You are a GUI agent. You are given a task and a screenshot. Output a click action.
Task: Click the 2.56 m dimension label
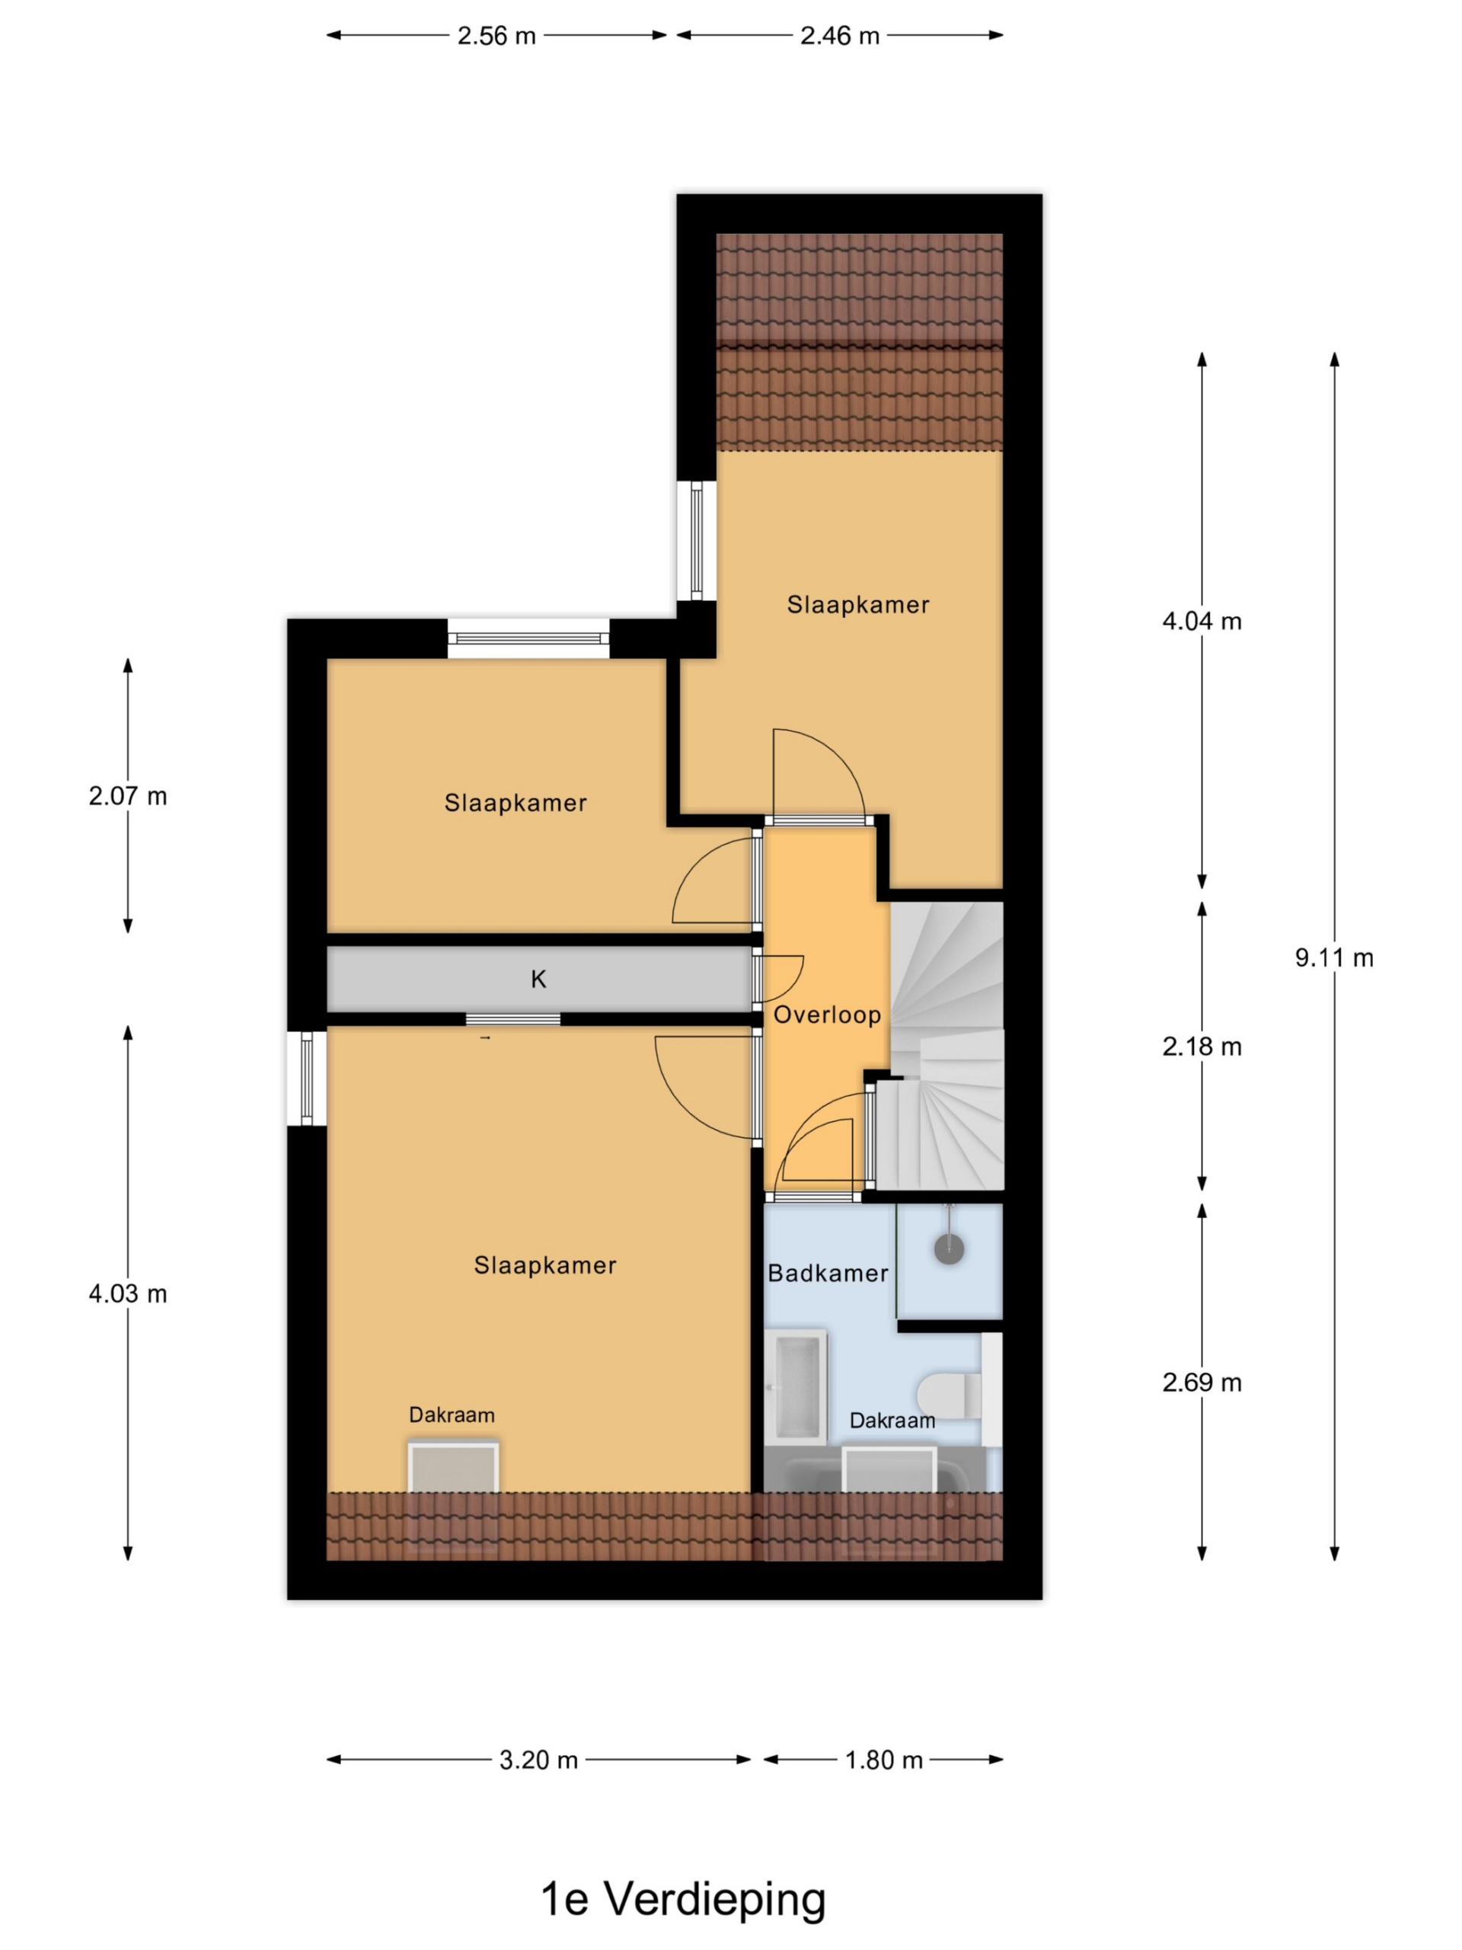[x=496, y=36]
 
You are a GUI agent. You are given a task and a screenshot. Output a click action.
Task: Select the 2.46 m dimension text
[x=839, y=36]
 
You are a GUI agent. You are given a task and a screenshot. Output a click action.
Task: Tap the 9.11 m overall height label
[x=1333, y=957]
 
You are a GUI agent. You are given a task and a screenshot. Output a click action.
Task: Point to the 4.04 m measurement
[x=1201, y=622]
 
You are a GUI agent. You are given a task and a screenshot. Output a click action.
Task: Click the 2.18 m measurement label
[x=1201, y=1047]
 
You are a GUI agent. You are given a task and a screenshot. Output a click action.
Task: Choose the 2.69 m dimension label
[x=1201, y=1383]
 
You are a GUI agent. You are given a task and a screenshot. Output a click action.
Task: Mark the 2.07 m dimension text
[x=128, y=796]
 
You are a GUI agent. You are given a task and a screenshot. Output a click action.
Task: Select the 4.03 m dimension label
[x=128, y=1293]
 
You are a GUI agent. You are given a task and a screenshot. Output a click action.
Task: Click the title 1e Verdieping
[x=683, y=1900]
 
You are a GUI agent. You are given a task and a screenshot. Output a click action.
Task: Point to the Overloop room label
[x=827, y=1015]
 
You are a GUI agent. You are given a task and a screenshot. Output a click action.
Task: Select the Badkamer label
[x=828, y=1273]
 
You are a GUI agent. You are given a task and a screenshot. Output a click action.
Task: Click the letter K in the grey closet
[x=538, y=979]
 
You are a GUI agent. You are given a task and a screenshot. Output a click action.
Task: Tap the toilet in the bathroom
[x=949, y=1395]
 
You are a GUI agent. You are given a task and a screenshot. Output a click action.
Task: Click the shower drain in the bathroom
[x=949, y=1248]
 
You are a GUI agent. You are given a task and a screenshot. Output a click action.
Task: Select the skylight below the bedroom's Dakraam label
[x=453, y=1467]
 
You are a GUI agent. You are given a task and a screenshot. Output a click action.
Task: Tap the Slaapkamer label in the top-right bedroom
[x=857, y=605]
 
